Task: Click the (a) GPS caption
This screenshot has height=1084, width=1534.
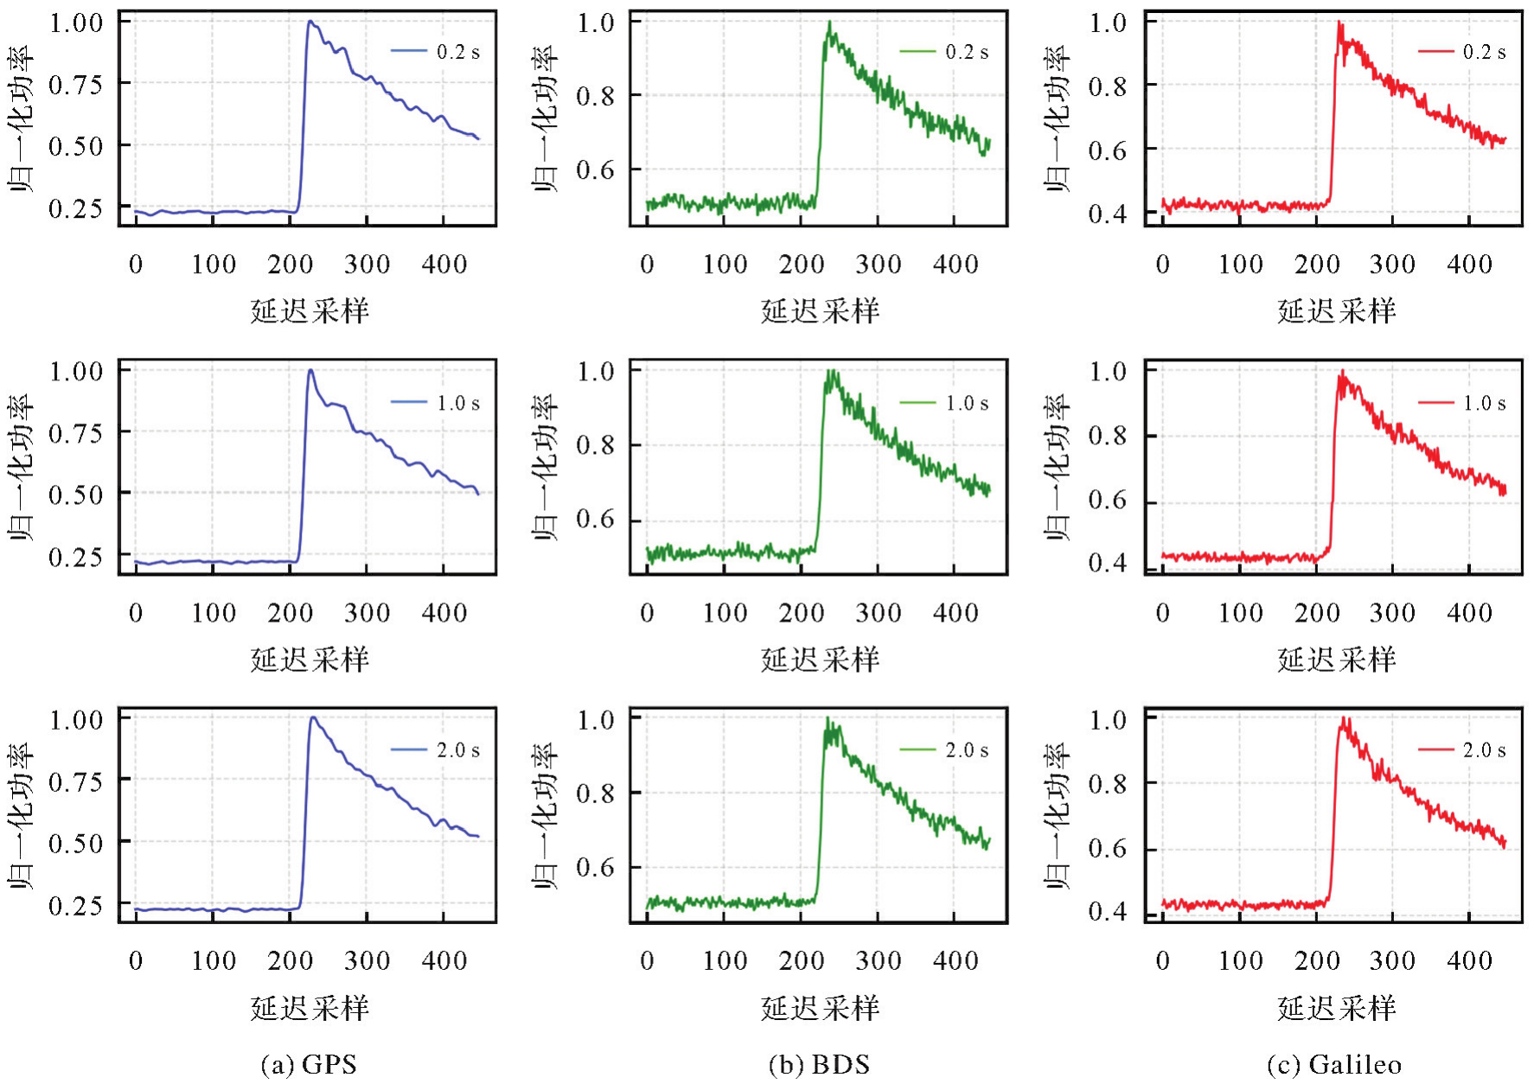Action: coord(309,1064)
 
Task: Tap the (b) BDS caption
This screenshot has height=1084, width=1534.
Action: coord(819,1064)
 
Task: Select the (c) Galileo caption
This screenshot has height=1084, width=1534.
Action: coord(1334,1064)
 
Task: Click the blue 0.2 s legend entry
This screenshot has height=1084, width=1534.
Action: coord(436,52)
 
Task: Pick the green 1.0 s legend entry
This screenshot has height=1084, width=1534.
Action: coord(944,403)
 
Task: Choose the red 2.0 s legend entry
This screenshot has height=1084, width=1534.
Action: coord(1462,750)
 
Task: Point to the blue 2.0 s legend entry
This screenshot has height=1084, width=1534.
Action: coord(436,750)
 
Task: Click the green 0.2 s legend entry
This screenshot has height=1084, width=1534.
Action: coord(944,52)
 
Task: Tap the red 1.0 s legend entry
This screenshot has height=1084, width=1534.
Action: coord(1462,403)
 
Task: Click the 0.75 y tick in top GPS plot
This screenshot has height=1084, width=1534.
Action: coord(76,85)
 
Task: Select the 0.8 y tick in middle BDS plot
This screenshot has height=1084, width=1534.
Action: coord(597,446)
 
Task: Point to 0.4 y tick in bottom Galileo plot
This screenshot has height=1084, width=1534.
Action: coord(1108,911)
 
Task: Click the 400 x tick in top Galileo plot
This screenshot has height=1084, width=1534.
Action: coord(1469,265)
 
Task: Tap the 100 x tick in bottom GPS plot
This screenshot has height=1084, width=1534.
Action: coord(214,960)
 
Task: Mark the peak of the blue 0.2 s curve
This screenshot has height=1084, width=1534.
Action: coord(310,22)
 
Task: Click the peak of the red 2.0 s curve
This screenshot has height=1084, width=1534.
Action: coord(1344,718)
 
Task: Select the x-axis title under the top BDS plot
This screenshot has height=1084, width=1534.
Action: coord(820,311)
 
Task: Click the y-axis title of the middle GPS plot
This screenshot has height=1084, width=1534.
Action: coord(21,467)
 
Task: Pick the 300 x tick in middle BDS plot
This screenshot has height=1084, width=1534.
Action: coord(879,614)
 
